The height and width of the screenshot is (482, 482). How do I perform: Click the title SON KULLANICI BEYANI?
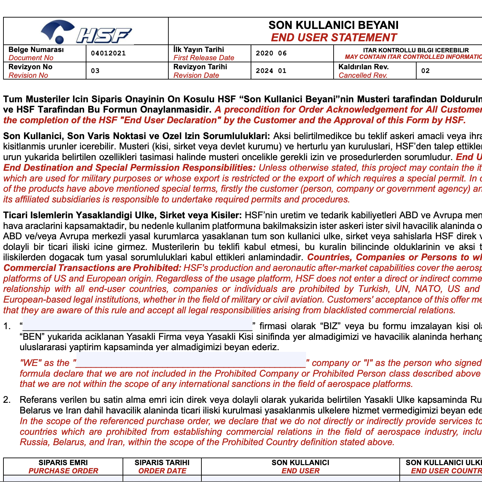[x=333, y=25]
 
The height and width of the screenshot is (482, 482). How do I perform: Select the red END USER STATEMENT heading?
[x=333, y=37]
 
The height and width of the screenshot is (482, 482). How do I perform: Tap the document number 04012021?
[x=108, y=53]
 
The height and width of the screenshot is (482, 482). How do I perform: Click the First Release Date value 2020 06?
[x=271, y=53]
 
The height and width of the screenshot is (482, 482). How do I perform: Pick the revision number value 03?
[x=95, y=71]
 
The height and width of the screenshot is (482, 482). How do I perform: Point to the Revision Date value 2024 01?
[x=271, y=71]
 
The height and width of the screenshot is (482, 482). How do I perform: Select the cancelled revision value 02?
[x=426, y=71]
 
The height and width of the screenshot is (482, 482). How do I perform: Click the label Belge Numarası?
[x=36, y=50]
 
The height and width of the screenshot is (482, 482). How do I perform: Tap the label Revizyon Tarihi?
[x=200, y=67]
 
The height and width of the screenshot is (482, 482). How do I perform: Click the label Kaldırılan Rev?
[x=364, y=67]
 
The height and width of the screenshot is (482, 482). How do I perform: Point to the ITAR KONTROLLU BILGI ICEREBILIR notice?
[x=416, y=50]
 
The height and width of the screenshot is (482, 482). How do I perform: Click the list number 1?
[x=7, y=326]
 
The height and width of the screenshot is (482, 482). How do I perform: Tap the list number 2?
[x=7, y=400]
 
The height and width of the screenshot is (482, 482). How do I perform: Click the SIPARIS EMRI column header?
[x=63, y=462]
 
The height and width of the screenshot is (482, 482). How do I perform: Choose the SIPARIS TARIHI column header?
[x=162, y=462]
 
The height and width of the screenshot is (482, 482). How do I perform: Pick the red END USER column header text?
[x=301, y=471]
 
